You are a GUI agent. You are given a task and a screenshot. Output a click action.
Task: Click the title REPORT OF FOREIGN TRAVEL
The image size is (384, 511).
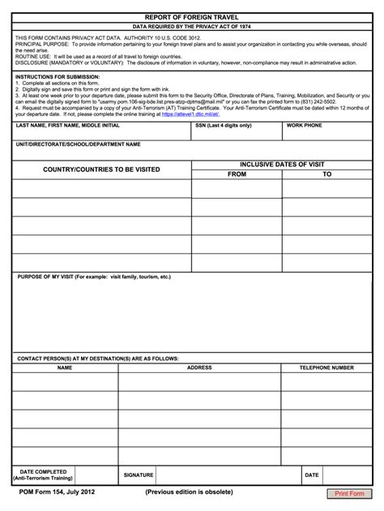click(x=192, y=15)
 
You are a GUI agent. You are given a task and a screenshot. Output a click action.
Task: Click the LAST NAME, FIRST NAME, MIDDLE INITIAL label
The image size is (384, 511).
click(x=68, y=127)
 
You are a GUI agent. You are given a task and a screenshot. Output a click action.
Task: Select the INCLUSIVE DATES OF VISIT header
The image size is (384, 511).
click(x=282, y=164)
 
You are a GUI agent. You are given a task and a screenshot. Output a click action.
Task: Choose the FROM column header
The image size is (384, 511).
click(x=237, y=174)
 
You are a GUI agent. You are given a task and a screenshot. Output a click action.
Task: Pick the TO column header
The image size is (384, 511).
click(x=327, y=174)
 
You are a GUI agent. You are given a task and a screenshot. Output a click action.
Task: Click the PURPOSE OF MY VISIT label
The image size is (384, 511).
click(x=93, y=277)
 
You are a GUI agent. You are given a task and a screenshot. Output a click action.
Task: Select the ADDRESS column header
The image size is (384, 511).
click(x=199, y=367)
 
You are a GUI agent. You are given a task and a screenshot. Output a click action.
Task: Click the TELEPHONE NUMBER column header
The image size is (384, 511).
click(x=326, y=367)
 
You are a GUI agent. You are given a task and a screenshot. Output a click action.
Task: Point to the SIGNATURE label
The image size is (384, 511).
click(x=138, y=474)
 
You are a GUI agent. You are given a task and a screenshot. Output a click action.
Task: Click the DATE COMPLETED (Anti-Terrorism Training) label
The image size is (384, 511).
click(x=44, y=474)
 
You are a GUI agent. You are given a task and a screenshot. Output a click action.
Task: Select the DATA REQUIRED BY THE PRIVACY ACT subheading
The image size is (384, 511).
click(x=192, y=26)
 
